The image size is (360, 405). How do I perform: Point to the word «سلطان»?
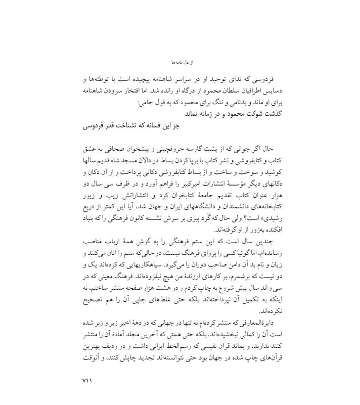click(217, 92)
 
